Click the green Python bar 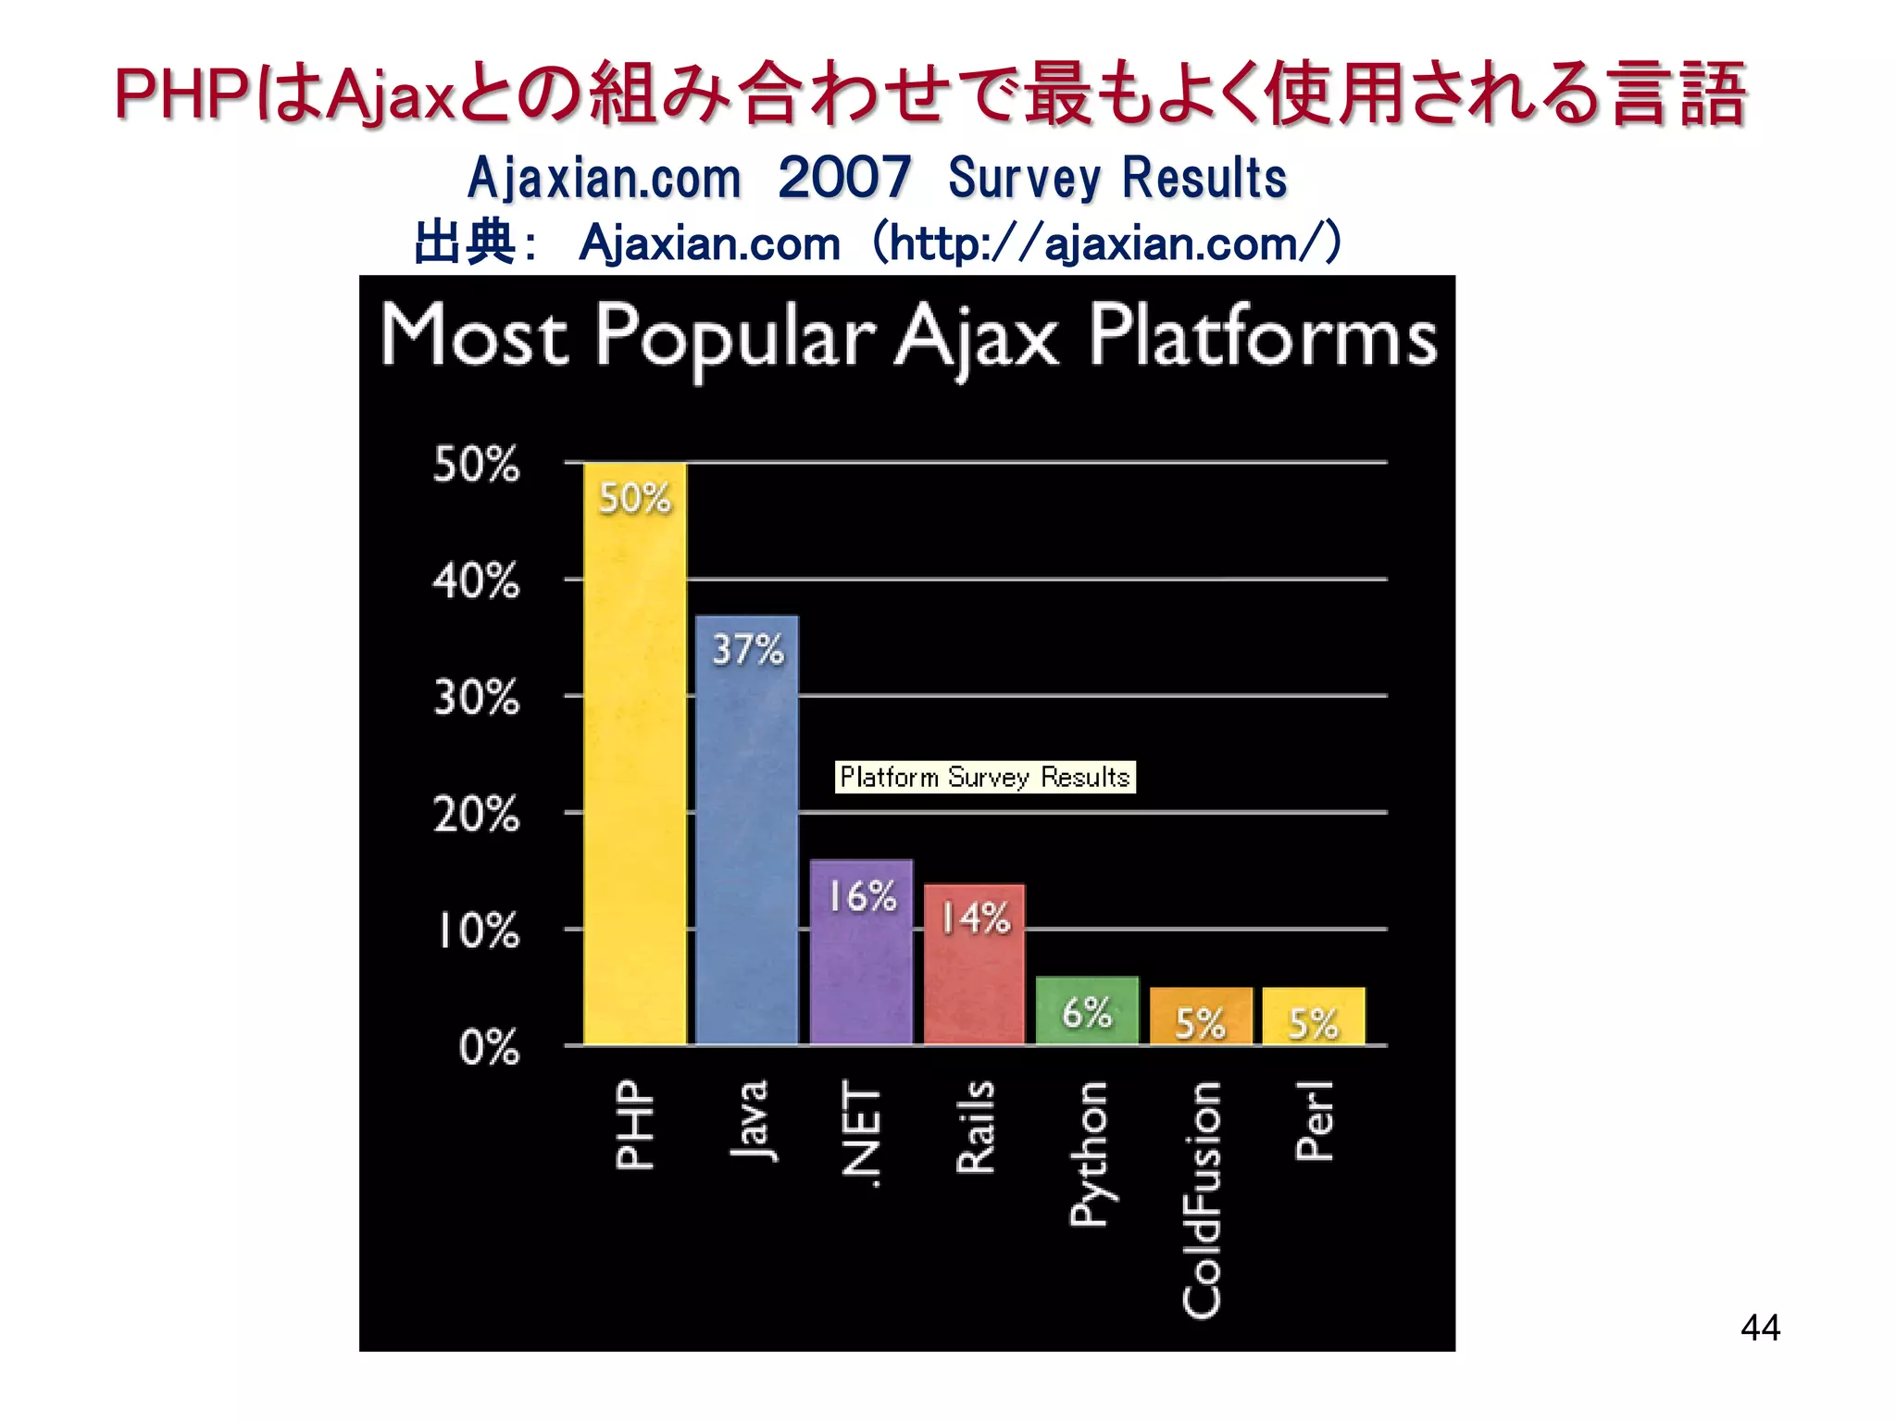click(1087, 1011)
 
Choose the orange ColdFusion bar click(1201, 1016)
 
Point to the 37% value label click(748, 650)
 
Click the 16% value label click(862, 896)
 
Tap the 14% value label click(976, 918)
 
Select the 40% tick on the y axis click(476, 581)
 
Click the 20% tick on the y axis click(476, 815)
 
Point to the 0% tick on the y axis click(489, 1048)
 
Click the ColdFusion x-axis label click(1202, 1199)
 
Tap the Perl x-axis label click(1315, 1120)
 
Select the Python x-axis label click(1089, 1154)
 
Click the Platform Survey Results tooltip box click(985, 777)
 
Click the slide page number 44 click(1760, 1328)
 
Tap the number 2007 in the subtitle click(844, 178)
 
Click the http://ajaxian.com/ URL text click(1107, 243)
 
